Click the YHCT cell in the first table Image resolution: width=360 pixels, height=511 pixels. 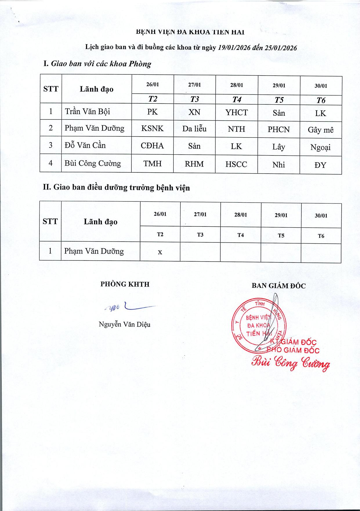coord(236,112)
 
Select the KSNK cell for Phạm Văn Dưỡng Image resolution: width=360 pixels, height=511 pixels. coord(152,128)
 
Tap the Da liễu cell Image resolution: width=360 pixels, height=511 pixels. coord(194,128)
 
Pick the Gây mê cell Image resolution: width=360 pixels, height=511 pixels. coord(321,130)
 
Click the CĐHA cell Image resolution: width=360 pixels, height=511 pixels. coord(152,146)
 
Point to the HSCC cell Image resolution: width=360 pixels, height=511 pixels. coord(236,164)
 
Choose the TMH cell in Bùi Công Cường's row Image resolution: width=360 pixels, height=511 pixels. coord(152,164)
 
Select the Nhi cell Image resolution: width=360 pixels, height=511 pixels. coord(278,165)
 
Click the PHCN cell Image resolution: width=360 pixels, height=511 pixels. coord(278,129)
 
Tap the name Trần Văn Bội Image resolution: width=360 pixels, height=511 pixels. coord(87,111)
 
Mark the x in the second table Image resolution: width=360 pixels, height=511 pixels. coord(160,252)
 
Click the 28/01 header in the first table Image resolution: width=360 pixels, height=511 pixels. coord(236,85)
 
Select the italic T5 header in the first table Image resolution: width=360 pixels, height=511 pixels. coord(279,100)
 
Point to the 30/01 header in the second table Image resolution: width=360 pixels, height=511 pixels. coord(321,216)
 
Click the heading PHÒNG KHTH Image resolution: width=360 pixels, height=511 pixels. coord(125,284)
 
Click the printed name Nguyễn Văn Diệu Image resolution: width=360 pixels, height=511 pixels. coord(124,324)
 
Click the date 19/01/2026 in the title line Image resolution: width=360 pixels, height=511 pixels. coord(234,48)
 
